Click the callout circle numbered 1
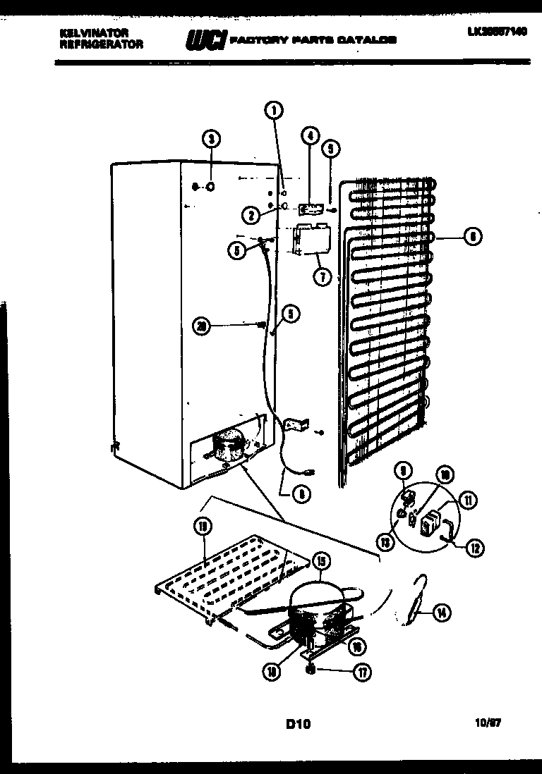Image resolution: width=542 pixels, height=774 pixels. click(x=274, y=109)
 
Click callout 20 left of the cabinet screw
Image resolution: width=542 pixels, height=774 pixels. click(x=203, y=325)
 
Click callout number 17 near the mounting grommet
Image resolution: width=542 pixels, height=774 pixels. click(x=361, y=672)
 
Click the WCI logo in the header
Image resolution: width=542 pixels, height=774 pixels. click(x=205, y=41)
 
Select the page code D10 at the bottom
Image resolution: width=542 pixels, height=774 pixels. click(x=299, y=723)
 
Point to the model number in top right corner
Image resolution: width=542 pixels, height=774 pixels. click(x=496, y=32)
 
